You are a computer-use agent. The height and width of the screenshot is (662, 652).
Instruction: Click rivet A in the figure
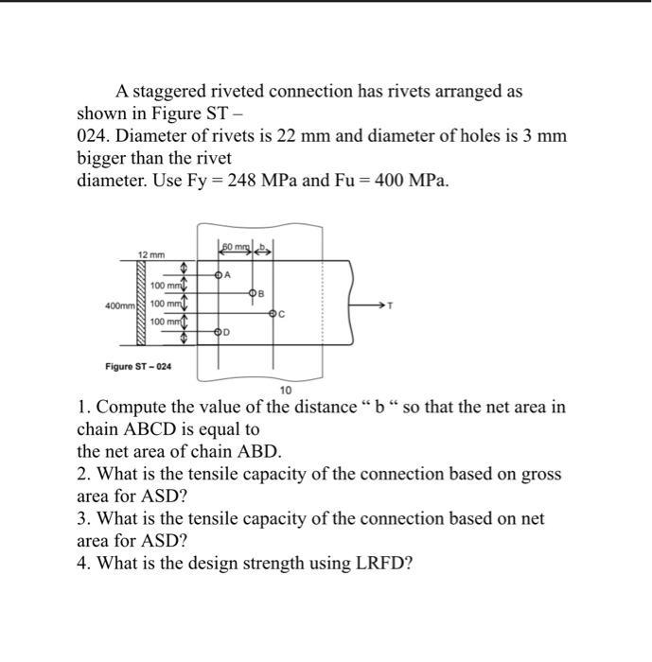[x=220, y=275]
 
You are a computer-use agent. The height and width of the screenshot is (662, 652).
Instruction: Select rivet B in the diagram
[x=252, y=294]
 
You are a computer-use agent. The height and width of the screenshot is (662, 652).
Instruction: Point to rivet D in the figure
[x=220, y=332]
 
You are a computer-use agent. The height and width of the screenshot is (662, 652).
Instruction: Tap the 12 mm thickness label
[x=151, y=255]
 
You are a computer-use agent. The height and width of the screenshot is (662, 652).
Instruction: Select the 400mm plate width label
[x=120, y=305]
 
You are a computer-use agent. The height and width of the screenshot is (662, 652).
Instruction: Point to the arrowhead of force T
[x=383, y=305]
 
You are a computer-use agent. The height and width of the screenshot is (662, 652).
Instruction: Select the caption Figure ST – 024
[x=138, y=366]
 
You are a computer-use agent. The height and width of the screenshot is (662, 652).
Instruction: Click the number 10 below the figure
[x=287, y=390]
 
